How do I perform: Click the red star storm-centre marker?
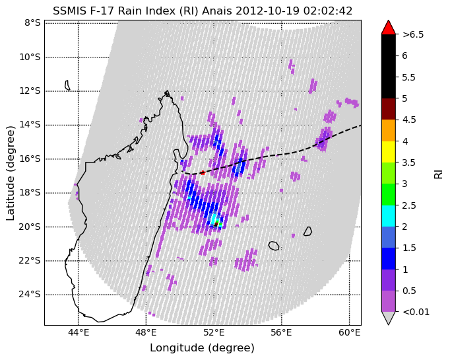click(203, 172)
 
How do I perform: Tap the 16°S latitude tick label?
click(30, 159)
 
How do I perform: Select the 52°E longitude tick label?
click(214, 333)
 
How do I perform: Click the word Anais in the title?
click(217, 11)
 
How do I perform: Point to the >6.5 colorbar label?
click(413, 34)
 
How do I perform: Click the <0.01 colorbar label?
click(416, 312)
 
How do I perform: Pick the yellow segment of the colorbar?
click(388, 152)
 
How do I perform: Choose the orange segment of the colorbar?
click(388, 130)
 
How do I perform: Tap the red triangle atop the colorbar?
click(388, 27)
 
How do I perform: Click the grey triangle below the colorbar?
click(388, 318)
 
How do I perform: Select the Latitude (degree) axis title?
click(10, 173)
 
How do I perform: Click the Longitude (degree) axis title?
click(203, 348)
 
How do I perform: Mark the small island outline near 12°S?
click(68, 85)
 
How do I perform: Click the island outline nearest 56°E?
click(274, 246)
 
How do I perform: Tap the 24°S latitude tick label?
click(30, 295)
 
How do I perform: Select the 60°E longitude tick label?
click(349, 333)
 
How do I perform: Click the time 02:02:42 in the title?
click(327, 11)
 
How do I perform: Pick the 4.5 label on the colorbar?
click(409, 120)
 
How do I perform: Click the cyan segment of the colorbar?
click(388, 216)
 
